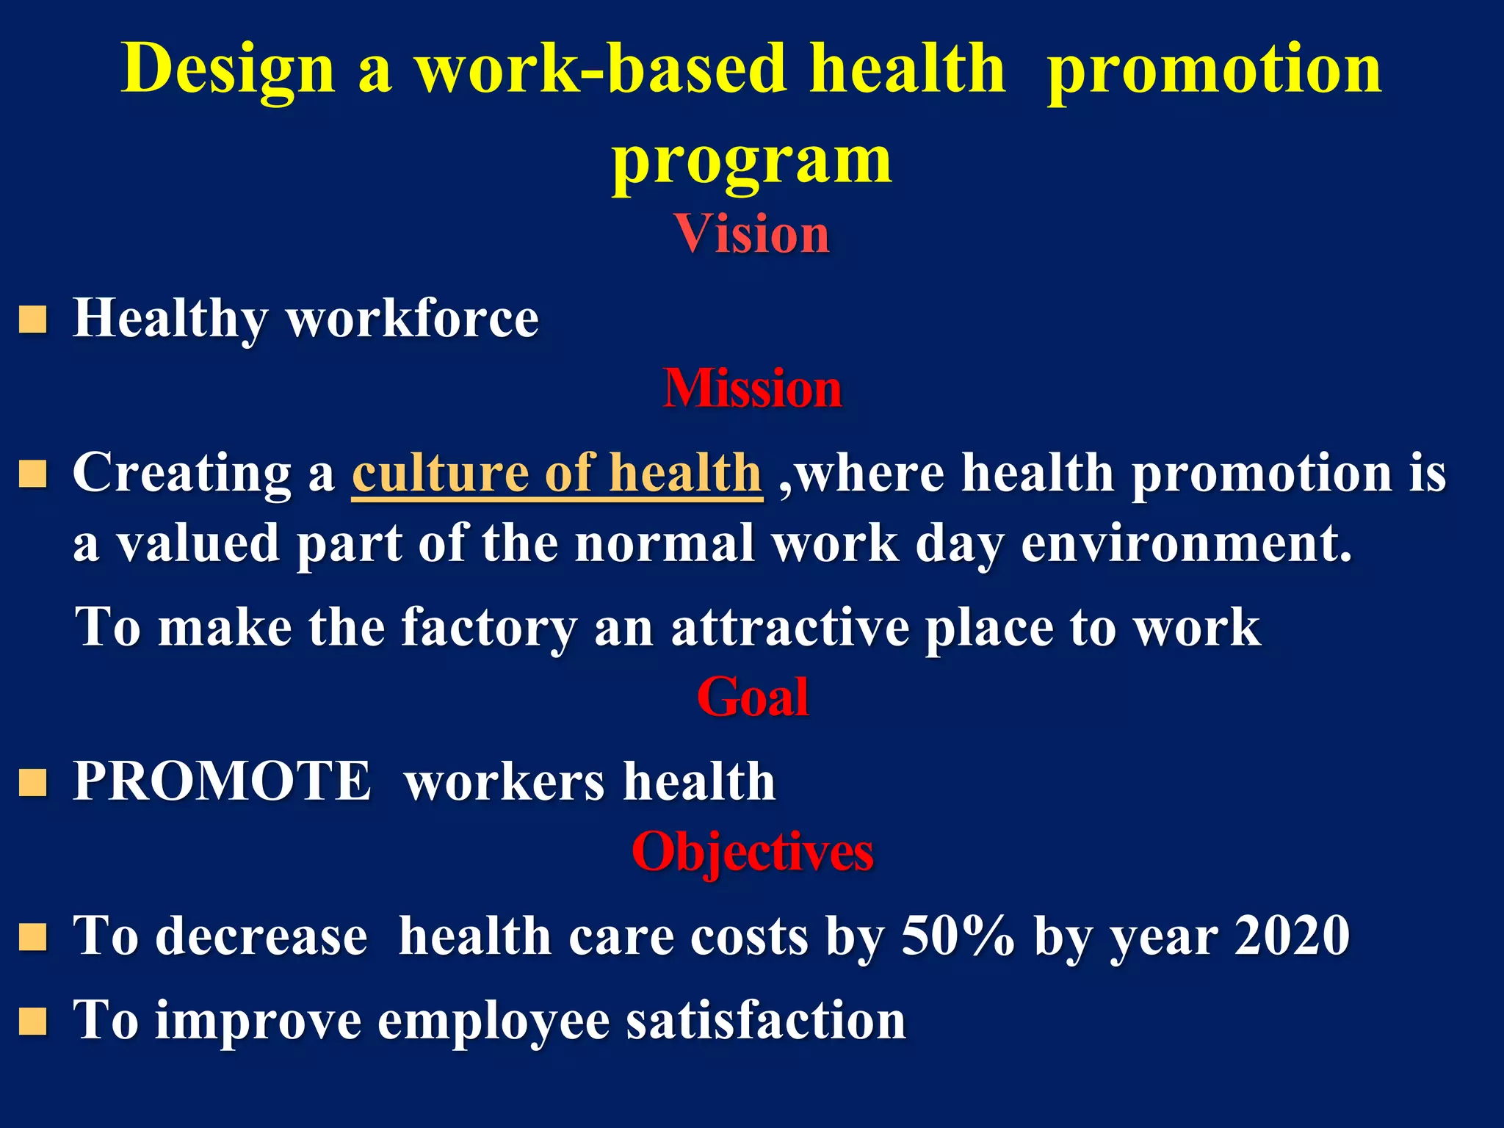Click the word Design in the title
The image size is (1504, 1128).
coord(228,70)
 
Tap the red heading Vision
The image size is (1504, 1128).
coord(752,234)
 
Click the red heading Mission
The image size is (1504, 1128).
coord(752,388)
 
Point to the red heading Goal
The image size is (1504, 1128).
coord(752,697)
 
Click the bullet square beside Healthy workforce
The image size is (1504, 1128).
coord(33,320)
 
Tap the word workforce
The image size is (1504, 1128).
coord(413,319)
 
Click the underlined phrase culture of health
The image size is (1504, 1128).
coord(557,473)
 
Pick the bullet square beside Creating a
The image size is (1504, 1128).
coord(33,474)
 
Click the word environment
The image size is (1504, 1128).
coord(1185,545)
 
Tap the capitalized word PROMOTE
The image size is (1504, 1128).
coord(222,781)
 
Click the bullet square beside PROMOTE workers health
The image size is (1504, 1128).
coord(33,783)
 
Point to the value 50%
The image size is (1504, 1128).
coord(958,936)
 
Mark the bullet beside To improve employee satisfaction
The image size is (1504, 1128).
coord(33,1021)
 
